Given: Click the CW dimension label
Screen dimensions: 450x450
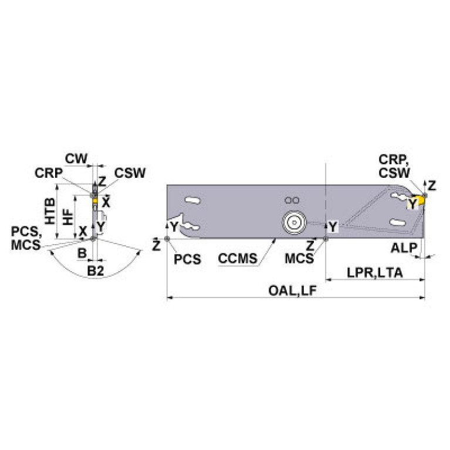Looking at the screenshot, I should tap(76, 158).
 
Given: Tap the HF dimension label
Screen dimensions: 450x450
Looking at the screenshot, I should tap(68, 217).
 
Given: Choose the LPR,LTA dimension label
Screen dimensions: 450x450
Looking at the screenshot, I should tap(374, 273).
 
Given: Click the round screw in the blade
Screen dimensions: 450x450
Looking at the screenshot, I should tap(292, 222).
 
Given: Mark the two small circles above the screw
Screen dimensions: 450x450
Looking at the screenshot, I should tap(292, 199).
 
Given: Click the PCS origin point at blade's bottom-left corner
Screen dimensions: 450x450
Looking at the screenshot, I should tap(168, 238).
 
